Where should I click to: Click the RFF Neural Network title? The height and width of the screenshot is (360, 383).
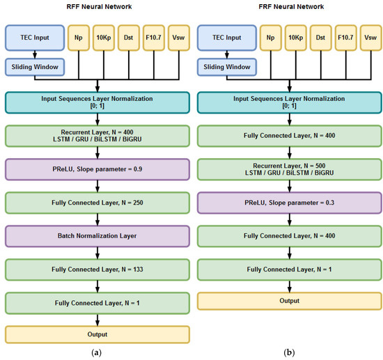(97, 8)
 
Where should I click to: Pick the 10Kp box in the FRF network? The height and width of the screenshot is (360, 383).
(295, 38)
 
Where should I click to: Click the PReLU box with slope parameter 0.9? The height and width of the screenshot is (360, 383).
(97, 169)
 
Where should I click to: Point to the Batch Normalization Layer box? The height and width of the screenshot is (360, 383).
(97, 236)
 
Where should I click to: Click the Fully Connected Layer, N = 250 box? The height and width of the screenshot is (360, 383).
(97, 203)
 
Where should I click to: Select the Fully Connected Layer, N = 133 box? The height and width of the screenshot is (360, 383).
(97, 269)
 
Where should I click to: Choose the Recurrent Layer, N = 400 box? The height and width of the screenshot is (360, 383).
(97, 136)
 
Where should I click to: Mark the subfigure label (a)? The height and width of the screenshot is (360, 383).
(97, 352)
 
